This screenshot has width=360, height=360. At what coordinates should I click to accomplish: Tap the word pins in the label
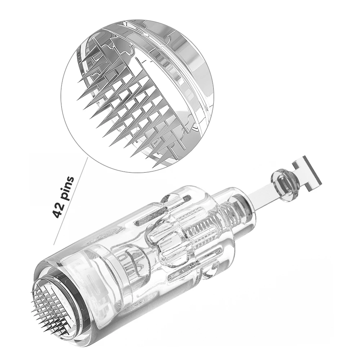67,189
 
